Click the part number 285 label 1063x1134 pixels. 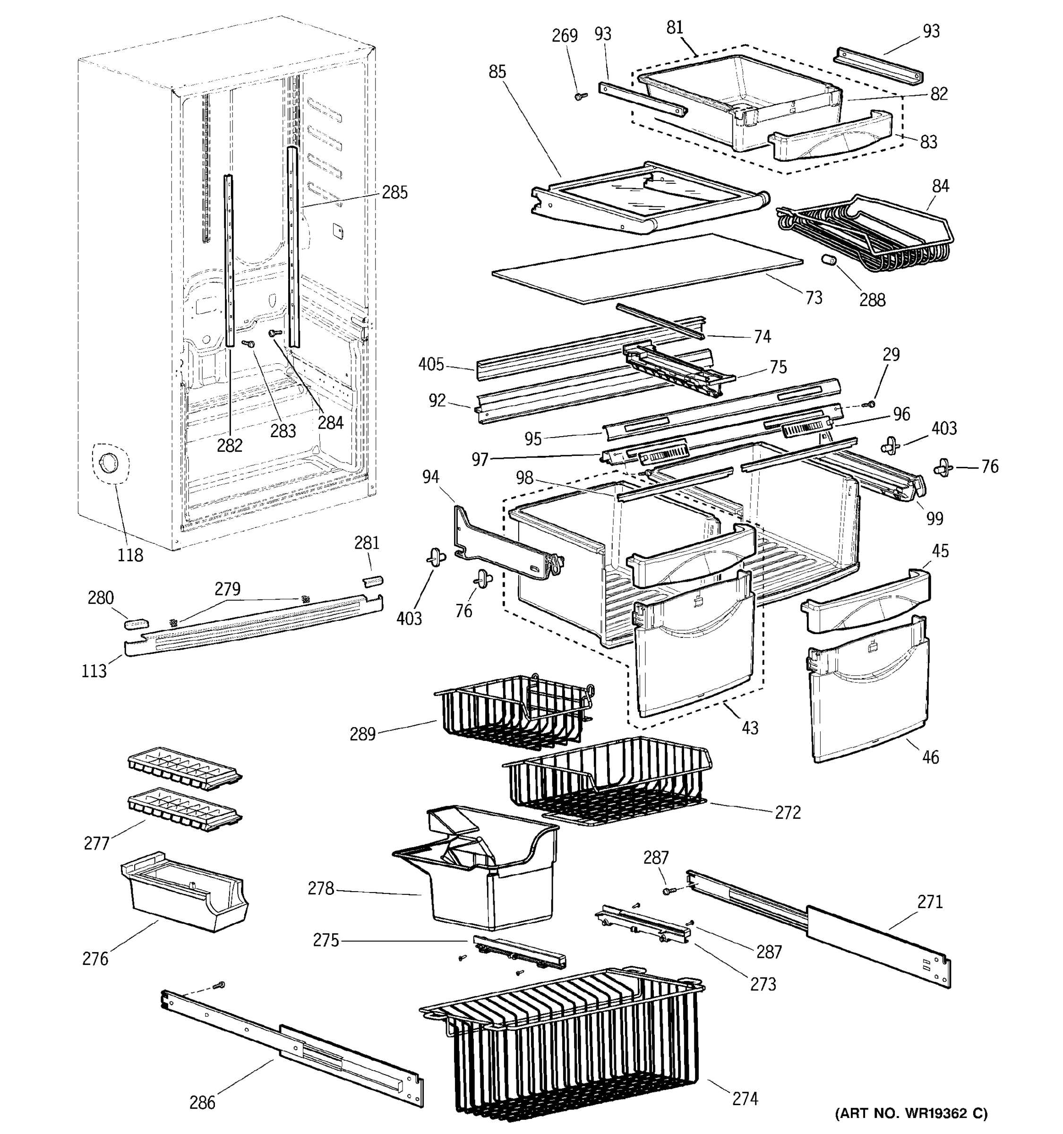pyautogui.click(x=394, y=192)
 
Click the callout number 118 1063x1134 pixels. pyautogui.click(x=130, y=554)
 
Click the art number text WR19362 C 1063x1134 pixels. pyautogui.click(x=911, y=1112)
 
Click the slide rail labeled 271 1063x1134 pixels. pyautogui.click(x=821, y=927)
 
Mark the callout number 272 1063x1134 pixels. pyautogui.click(x=788, y=812)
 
